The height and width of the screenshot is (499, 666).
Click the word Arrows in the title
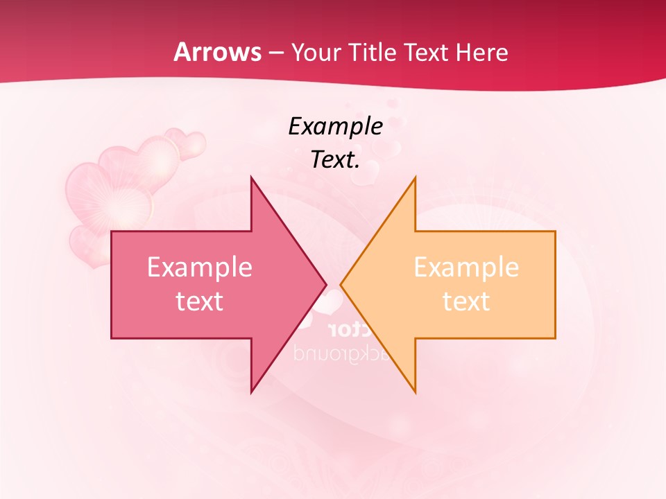tap(217, 52)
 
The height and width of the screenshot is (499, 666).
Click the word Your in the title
tap(316, 52)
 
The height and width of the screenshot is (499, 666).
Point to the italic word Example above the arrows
tap(335, 126)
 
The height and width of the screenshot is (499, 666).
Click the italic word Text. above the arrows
tap(335, 159)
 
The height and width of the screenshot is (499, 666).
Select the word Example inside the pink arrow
tap(200, 267)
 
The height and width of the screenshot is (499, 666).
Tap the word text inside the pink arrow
tap(200, 301)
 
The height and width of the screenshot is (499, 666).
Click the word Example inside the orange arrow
tap(466, 267)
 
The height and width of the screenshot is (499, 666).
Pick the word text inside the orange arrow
tap(466, 301)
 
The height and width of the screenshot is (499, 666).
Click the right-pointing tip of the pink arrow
tap(325, 284)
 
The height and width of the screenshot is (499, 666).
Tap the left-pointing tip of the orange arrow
tap(341, 284)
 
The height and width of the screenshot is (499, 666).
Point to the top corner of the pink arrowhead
tap(251, 177)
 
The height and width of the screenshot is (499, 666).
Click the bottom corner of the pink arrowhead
tap(251, 392)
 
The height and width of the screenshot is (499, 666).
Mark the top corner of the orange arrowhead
tap(415, 177)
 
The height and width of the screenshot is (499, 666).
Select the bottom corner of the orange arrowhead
tap(415, 392)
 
